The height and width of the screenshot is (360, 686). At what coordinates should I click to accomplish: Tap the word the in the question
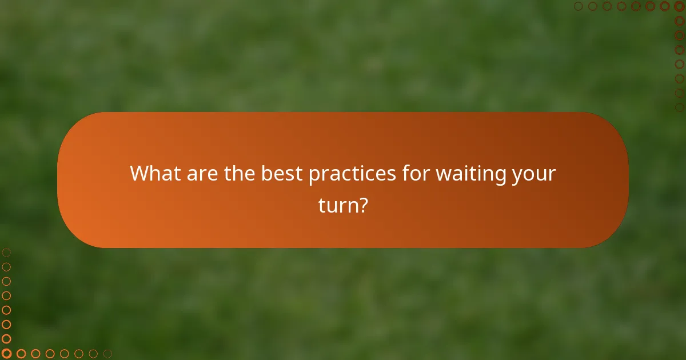[240, 174]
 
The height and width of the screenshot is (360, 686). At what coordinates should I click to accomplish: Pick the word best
[282, 174]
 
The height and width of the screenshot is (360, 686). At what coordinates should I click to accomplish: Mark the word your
[533, 174]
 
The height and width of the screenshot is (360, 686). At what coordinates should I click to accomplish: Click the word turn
[337, 205]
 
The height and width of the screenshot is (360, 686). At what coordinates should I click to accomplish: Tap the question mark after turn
[362, 205]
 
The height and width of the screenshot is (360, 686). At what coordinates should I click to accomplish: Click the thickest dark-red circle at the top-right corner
[679, 6]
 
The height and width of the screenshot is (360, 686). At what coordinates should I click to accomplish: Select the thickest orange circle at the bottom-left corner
[6, 354]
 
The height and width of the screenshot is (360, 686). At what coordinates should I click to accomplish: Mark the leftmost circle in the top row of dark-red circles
[579, 6]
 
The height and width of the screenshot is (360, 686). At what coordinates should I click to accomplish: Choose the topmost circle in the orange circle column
[6, 252]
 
